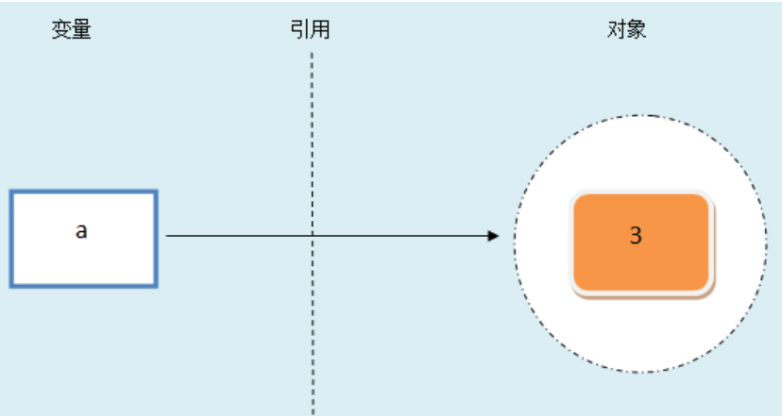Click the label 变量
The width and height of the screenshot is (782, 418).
pyautogui.click(x=72, y=30)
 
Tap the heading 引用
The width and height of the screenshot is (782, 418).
pyautogui.click(x=310, y=29)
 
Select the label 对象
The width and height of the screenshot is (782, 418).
pyautogui.click(x=626, y=29)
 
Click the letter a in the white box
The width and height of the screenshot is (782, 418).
pyautogui.click(x=81, y=230)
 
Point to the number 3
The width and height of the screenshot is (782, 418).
pyautogui.click(x=636, y=235)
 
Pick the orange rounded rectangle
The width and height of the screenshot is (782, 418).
pyautogui.click(x=642, y=243)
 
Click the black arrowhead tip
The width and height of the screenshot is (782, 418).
pyautogui.click(x=499, y=236)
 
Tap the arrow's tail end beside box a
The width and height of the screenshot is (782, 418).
pyautogui.click(x=166, y=236)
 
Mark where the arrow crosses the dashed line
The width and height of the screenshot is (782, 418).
pyautogui.click(x=313, y=236)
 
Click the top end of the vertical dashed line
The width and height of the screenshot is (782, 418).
pyautogui.click(x=312, y=52)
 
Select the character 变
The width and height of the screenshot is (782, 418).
pyautogui.click(x=61, y=30)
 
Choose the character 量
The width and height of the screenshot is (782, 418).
pyautogui.click(x=82, y=30)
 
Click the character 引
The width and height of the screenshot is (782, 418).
pyautogui.click(x=300, y=29)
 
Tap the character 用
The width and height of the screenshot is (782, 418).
pyautogui.click(x=321, y=29)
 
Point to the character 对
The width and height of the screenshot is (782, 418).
pyautogui.click(x=617, y=29)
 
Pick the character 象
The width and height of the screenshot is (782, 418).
pyautogui.click(x=637, y=29)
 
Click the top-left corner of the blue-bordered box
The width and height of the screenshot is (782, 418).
pyautogui.click(x=10, y=191)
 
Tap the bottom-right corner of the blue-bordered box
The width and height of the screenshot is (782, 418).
pyautogui.click(x=158, y=287)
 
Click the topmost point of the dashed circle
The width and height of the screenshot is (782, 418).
pyautogui.click(x=640, y=115)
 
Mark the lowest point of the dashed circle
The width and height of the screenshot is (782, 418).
pyautogui.click(x=640, y=372)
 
